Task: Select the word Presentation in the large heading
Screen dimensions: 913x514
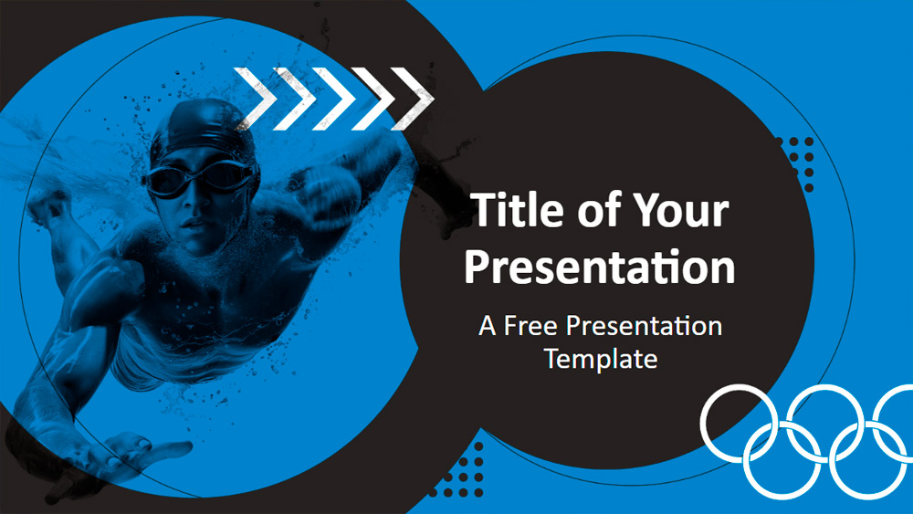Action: pos(599,267)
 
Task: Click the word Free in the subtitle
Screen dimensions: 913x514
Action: pos(530,325)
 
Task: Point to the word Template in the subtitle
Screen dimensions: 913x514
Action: pos(601,359)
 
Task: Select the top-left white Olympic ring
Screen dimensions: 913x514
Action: pos(739,424)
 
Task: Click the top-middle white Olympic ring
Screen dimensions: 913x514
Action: pos(825,424)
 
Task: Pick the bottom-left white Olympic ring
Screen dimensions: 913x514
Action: pos(782,461)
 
